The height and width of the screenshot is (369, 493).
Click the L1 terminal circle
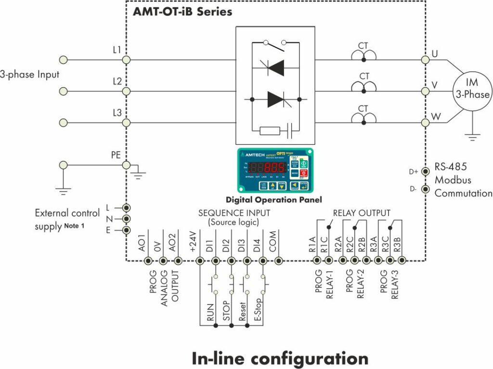pyautogui.click(x=127, y=60)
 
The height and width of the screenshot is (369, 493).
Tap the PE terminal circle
pyautogui.click(x=127, y=165)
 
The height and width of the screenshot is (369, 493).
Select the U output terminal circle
pyautogui.click(x=425, y=60)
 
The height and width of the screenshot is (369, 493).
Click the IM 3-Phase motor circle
pyautogui.click(x=473, y=89)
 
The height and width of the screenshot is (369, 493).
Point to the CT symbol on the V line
pyautogui.click(x=364, y=87)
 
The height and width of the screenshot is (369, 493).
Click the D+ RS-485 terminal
pyautogui.click(x=425, y=171)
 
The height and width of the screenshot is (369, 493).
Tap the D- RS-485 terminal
pyautogui.click(x=425, y=189)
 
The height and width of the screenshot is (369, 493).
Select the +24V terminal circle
pyautogui.click(x=200, y=261)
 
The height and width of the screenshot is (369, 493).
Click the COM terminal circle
pyautogui.click(x=279, y=261)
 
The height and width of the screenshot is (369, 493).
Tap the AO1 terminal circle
pyautogui.click(x=148, y=261)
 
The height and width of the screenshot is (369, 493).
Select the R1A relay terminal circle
pyautogui.click(x=317, y=261)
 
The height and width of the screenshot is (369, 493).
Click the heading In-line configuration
pyautogui.click(x=280, y=358)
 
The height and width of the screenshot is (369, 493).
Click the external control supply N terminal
pyautogui.click(x=127, y=219)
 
